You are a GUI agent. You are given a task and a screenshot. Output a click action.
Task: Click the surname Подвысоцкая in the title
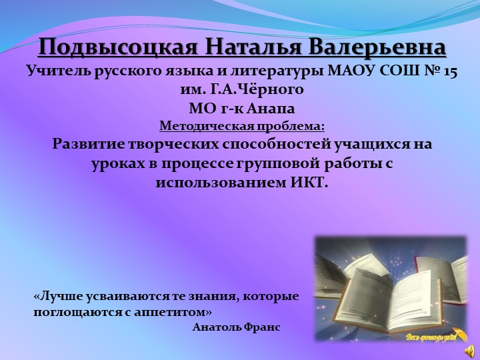(117, 48)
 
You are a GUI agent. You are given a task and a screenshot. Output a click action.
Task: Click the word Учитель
(53, 71)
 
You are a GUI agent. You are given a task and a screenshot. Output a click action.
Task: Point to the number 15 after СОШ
(449, 71)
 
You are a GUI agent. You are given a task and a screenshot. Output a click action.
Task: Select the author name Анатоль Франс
(236, 327)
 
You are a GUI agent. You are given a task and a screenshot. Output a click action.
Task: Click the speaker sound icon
(469, 349)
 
